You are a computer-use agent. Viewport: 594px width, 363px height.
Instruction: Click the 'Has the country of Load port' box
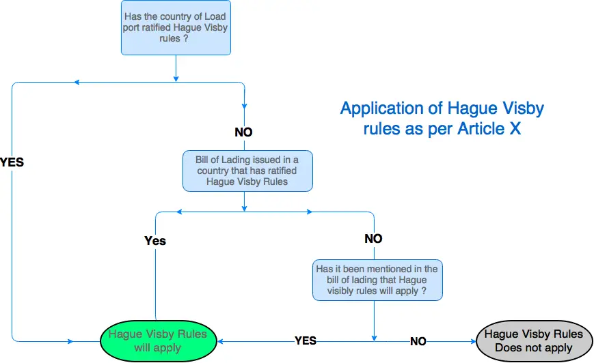(x=176, y=27)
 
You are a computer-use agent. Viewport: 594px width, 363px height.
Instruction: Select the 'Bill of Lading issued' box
(x=247, y=171)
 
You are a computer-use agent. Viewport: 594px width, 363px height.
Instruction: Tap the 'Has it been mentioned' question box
(x=377, y=280)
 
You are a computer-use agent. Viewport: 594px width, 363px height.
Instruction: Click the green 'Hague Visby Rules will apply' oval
(x=159, y=341)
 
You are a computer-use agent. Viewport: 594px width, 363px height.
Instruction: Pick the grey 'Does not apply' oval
(x=534, y=341)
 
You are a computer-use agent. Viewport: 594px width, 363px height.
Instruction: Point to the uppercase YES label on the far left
(x=12, y=162)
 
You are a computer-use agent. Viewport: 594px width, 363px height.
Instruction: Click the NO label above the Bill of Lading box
(x=243, y=132)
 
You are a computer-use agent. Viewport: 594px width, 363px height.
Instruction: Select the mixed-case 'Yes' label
(x=155, y=241)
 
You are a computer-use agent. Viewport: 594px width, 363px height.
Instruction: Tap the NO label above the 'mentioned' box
(x=373, y=239)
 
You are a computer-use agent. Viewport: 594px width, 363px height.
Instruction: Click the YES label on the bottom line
(x=306, y=340)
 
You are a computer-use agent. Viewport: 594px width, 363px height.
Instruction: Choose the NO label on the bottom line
(x=418, y=341)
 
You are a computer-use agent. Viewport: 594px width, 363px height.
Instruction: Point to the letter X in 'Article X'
(x=515, y=128)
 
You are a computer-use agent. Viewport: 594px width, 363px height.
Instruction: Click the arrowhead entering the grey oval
(x=474, y=341)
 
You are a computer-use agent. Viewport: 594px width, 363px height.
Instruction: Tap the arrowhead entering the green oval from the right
(x=220, y=341)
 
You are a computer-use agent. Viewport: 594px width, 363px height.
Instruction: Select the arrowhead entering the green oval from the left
(x=70, y=341)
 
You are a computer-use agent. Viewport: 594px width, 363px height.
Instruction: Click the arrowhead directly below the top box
(x=176, y=78)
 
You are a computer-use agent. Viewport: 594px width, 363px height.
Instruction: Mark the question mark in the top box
(x=186, y=39)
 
